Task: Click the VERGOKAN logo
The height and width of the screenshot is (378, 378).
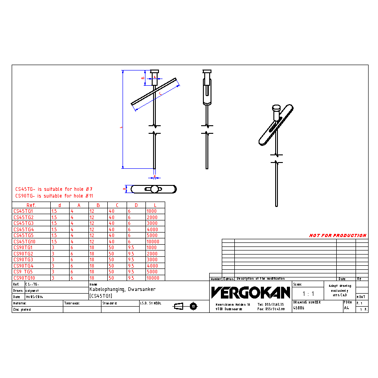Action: click(251, 293)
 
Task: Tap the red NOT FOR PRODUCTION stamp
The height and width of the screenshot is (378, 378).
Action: click(338, 235)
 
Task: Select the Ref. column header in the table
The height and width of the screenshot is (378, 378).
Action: click(31, 205)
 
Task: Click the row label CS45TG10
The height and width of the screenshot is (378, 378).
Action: click(24, 242)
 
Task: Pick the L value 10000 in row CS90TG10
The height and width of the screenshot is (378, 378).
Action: click(153, 278)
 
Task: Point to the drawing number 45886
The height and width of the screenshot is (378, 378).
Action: click(299, 308)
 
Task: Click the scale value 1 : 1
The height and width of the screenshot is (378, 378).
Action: click(308, 294)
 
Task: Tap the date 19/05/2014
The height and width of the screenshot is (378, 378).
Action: click(35, 297)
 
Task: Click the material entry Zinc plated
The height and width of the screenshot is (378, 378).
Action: click(22, 309)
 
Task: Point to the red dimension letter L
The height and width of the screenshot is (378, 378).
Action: click(120, 127)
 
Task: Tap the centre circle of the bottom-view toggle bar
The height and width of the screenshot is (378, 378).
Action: click(154, 189)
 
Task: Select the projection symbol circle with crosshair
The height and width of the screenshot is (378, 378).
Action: click(193, 306)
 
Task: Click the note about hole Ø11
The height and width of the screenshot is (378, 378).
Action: click(54, 196)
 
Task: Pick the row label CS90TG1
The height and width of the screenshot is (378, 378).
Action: click(23, 247)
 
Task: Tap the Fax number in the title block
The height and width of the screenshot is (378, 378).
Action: click(271, 309)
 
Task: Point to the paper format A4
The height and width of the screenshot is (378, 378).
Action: click(346, 308)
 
